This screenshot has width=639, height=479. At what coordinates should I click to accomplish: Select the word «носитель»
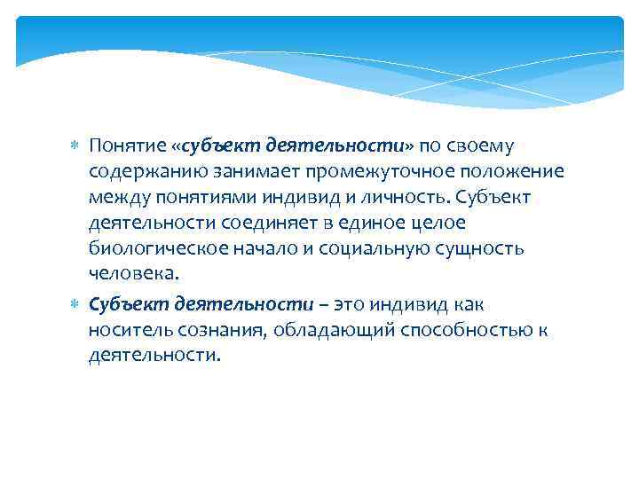pyautogui.click(x=123, y=331)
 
